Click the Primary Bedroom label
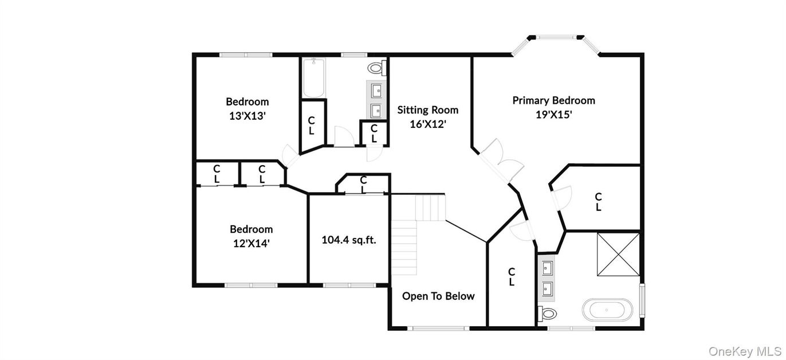pyautogui.click(x=554, y=100)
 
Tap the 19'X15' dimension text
pyautogui.click(x=554, y=115)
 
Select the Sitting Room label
pyautogui.click(x=428, y=110)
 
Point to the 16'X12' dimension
pyautogui.click(x=428, y=124)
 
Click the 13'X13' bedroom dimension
pyautogui.click(x=247, y=116)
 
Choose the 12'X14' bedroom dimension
pyautogui.click(x=251, y=243)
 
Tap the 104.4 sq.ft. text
pyautogui.click(x=349, y=240)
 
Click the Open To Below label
pyautogui.click(x=438, y=296)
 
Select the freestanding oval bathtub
pyautogui.click(x=607, y=310)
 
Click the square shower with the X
pyautogui.click(x=618, y=255)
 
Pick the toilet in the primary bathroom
pyautogui.click(x=547, y=314)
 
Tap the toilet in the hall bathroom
pyautogui.click(x=377, y=68)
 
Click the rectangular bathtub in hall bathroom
pyautogui.click(x=313, y=78)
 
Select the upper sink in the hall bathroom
pyautogui.click(x=376, y=91)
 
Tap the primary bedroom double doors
pyautogui.click(x=501, y=161)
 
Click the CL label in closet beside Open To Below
pyautogui.click(x=512, y=277)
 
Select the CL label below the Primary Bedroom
pyautogui.click(x=598, y=202)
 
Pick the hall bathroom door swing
pyautogui.click(x=344, y=136)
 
